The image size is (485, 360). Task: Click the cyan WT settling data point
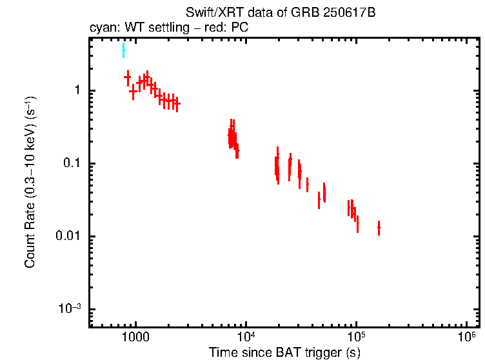[x=123, y=51]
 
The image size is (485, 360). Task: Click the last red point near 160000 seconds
[x=379, y=228]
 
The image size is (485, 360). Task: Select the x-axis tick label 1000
[x=135, y=337]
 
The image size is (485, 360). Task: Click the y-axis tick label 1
[x=77, y=90]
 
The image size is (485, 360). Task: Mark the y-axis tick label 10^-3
[x=70, y=308]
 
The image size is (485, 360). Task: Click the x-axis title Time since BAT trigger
[x=284, y=352]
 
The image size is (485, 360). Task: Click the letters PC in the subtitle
[x=239, y=28]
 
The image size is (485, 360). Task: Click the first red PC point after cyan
[x=128, y=77]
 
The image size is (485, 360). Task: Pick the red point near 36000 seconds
[x=307, y=185]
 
